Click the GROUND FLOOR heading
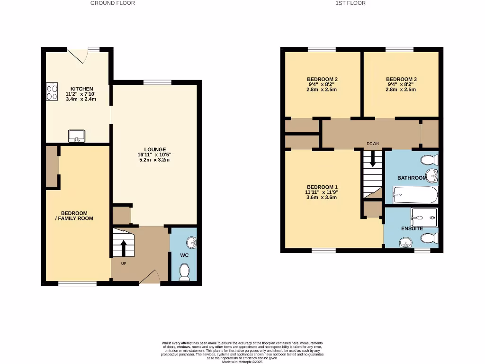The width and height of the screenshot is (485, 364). (113, 3)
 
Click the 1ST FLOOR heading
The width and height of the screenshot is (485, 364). (350, 3)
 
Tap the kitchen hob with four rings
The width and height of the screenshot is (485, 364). (52, 91)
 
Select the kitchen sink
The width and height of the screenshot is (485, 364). (76, 136)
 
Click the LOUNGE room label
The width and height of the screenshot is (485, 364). (155, 149)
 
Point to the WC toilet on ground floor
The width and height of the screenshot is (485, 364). (184, 272)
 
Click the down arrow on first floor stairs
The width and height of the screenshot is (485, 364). (373, 159)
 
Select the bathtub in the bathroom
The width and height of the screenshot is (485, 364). (415, 194)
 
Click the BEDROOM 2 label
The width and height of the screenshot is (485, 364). (322, 79)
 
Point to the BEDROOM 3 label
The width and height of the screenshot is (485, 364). (401, 79)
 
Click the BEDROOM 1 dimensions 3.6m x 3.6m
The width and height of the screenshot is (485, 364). (322, 198)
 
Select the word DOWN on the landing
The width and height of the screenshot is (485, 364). (373, 143)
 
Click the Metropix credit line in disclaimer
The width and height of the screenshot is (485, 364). (242, 362)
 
